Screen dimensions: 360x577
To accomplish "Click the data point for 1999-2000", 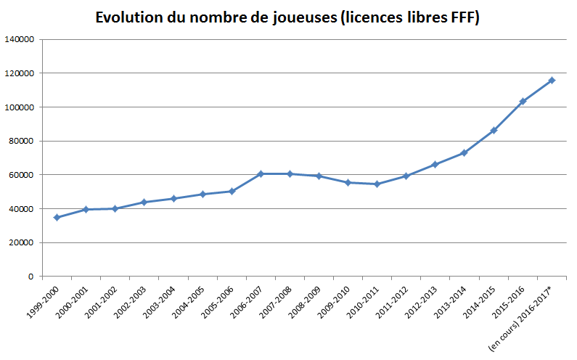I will pyautogui.click(x=57, y=217).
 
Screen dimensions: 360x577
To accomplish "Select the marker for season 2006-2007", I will pyautogui.click(x=261, y=173).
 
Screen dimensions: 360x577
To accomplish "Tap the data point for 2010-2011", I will pyautogui.click(x=377, y=184).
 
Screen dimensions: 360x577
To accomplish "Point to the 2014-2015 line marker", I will pyautogui.click(x=494, y=131).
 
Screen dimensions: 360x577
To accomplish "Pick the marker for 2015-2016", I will pyautogui.click(x=523, y=101).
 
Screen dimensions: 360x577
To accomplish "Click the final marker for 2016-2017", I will pyautogui.click(x=552, y=80).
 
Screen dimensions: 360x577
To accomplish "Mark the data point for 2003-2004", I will pyautogui.click(x=173, y=198).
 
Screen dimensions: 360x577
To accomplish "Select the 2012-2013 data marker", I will pyautogui.click(x=435, y=164).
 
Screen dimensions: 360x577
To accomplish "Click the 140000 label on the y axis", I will pyautogui.click(x=20, y=40).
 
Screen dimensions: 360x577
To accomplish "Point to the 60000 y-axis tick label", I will pyautogui.click(x=22, y=175).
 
